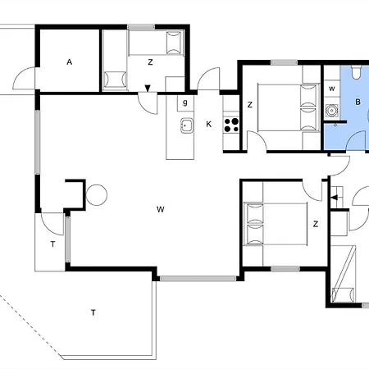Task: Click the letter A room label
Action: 70,62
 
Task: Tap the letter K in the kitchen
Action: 208,125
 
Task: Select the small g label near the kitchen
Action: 185,102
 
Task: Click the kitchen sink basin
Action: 187,126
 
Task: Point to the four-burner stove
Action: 231,125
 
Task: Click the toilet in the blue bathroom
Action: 356,72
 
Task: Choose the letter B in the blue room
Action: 358,102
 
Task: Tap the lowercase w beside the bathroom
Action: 332,89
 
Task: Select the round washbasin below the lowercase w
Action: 332,111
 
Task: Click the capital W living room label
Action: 161,210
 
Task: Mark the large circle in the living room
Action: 97,195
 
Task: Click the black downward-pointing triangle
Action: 148,89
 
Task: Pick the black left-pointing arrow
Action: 335,198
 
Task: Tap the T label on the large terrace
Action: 93,312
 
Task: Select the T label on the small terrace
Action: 52,244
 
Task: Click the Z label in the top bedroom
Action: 150,62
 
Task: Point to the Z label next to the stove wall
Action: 249,105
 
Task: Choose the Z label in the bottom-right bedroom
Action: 316,224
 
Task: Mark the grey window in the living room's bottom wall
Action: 198,279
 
